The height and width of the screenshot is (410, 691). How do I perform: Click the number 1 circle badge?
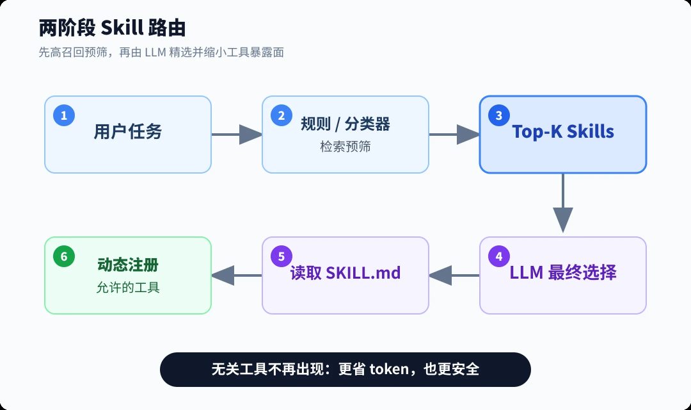(64, 115)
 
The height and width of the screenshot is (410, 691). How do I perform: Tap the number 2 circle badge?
(281, 115)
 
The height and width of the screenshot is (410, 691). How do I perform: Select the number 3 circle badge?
(499, 115)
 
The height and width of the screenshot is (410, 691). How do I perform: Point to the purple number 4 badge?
(499, 256)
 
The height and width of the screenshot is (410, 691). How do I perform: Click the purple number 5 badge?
(281, 256)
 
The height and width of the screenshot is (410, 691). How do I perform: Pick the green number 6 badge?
(64, 256)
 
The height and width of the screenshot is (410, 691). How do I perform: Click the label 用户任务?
(128, 131)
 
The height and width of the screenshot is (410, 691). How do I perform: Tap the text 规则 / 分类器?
(345, 124)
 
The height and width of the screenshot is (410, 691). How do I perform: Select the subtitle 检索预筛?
(345, 146)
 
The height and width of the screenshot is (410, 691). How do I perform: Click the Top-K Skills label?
(563, 131)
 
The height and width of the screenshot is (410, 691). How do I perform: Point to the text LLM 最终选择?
(563, 272)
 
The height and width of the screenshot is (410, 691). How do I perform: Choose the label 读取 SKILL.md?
(345, 273)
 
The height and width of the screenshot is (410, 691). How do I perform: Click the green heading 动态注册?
(128, 265)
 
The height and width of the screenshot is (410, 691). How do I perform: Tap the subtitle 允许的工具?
(128, 287)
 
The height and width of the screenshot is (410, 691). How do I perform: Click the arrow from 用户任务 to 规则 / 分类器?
(237, 134)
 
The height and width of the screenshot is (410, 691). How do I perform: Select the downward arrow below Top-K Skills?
(563, 203)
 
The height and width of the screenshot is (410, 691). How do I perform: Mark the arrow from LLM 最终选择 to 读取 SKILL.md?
(454, 275)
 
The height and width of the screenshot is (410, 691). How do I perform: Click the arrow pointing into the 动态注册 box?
(237, 275)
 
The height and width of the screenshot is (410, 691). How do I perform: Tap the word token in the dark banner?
(389, 369)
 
